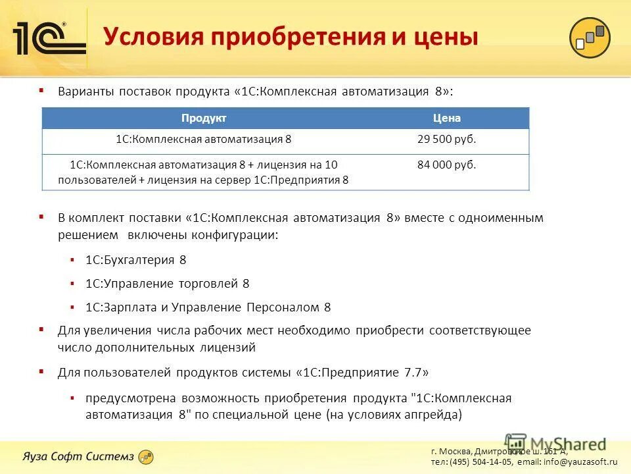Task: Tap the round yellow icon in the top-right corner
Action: [x=590, y=38]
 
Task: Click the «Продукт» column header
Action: [x=204, y=118]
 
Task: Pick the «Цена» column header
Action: [x=447, y=118]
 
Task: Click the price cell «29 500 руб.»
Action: [x=447, y=140]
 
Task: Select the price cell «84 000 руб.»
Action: [x=447, y=165]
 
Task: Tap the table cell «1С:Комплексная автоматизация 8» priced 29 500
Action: [x=204, y=140]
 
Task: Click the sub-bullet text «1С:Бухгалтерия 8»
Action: [x=136, y=260]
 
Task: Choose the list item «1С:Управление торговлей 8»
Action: [x=168, y=284]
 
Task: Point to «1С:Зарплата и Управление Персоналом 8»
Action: [x=208, y=307]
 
